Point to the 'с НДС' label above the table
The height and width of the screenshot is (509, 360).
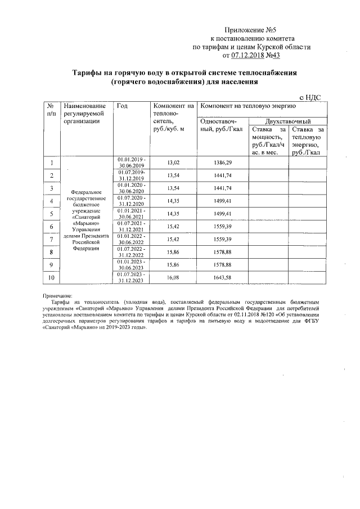tap(310, 97)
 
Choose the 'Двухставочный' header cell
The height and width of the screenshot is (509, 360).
tap(287, 121)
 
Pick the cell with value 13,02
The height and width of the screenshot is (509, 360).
tap(174, 163)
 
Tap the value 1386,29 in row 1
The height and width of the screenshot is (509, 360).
tap(222, 163)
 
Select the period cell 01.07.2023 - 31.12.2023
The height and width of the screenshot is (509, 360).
tap(132, 278)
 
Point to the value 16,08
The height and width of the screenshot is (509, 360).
tap(174, 278)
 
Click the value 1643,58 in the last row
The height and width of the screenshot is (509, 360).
tap(222, 278)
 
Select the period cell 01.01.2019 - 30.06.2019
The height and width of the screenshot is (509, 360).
tap(132, 163)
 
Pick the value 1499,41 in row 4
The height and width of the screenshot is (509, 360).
tap(222, 201)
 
